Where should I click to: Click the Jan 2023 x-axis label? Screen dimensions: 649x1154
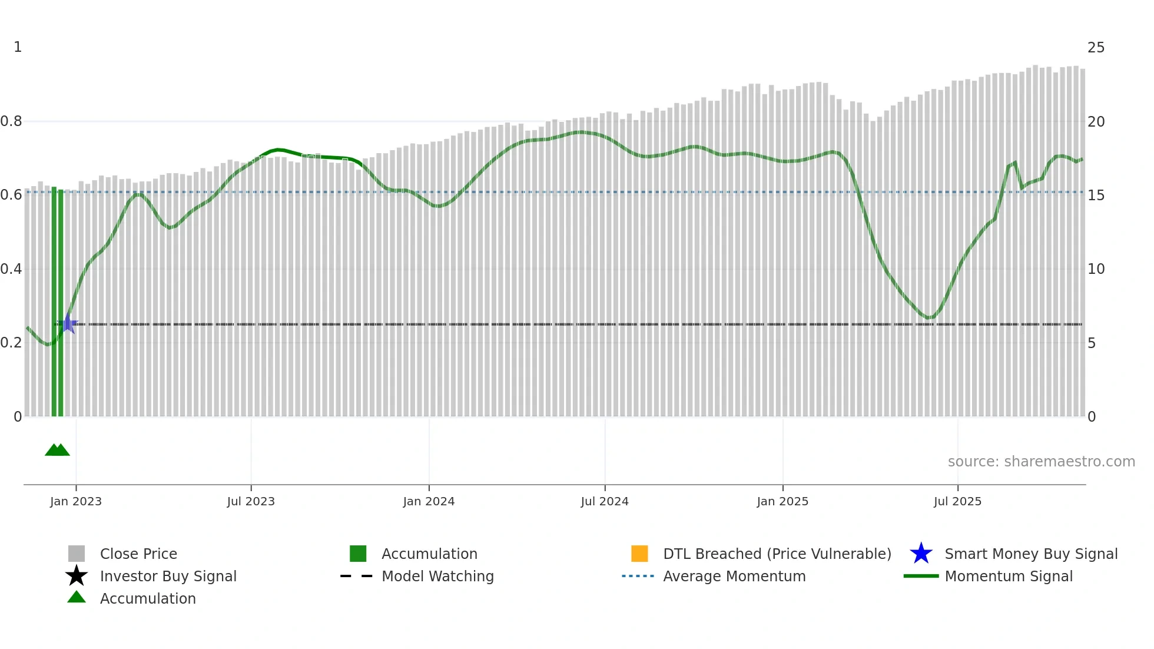tap(76, 502)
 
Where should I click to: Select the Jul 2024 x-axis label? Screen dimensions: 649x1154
tap(605, 502)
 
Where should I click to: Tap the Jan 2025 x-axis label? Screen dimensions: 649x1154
tap(782, 502)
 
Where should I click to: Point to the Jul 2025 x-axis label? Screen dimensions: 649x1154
tap(957, 502)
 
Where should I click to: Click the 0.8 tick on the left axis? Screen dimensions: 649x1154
tap(11, 122)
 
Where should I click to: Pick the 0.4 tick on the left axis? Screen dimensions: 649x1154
tap(11, 270)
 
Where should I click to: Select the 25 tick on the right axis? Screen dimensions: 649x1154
tap(1096, 48)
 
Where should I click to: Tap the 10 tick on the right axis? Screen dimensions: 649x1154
tap(1096, 270)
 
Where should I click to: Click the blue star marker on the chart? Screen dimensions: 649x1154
tap(68, 323)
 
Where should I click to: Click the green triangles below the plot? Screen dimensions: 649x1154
tap(57, 450)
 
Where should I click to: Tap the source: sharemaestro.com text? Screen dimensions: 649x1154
tap(1041, 462)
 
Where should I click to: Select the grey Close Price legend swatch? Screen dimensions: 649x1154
tap(77, 554)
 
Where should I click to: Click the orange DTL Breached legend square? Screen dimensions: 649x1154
tap(639, 554)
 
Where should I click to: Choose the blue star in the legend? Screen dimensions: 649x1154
tap(921, 554)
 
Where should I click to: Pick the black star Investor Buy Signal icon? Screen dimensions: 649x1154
tap(77, 576)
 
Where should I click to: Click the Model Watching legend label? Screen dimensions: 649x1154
tap(437, 577)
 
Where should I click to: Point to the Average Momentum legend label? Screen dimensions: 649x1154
tap(734, 577)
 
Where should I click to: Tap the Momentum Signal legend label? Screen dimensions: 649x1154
tap(1009, 577)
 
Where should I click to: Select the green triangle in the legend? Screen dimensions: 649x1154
tap(77, 597)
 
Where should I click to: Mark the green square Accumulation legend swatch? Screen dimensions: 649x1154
tap(358, 554)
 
